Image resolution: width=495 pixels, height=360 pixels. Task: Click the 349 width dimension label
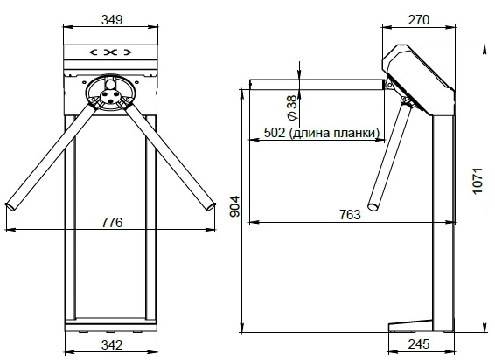pos(112,20)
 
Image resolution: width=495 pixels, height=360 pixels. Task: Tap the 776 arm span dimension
pos(112,223)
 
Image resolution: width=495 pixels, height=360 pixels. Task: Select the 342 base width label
pos(112,345)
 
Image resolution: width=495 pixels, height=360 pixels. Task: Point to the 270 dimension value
pos(419,20)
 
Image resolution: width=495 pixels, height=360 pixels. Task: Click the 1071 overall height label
pos(478,181)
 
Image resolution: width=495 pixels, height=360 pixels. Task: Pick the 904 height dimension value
pos(234,207)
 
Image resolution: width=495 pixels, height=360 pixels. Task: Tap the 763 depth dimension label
pos(350,215)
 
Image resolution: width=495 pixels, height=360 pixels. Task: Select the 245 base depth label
pos(419,344)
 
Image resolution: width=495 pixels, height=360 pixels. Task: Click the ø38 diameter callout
pos(292,107)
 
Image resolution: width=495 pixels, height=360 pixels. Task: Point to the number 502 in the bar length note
pos(275,133)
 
